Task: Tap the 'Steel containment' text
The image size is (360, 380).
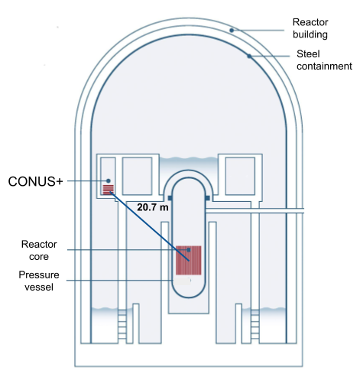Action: pyautogui.click(x=323, y=60)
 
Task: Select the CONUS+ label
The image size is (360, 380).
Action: pyautogui.click(x=35, y=181)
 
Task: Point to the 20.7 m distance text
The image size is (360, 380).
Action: pyautogui.click(x=153, y=206)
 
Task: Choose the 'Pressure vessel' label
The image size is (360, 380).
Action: pyautogui.click(x=38, y=280)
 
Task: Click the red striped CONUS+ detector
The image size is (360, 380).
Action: pyautogui.click(x=108, y=189)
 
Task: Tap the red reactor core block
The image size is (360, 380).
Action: pyautogui.click(x=188, y=260)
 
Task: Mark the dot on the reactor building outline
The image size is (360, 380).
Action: pyautogui.click(x=232, y=30)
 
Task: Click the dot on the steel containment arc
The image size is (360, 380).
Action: pyautogui.click(x=249, y=55)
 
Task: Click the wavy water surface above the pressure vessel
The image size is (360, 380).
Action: pyautogui.click(x=188, y=162)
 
